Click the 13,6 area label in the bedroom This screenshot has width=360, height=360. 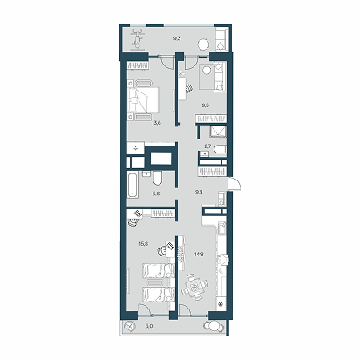coord(156,123)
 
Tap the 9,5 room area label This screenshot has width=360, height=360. coord(205,105)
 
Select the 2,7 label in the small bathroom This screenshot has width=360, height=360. coord(207,147)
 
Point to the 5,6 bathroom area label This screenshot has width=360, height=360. coord(156,194)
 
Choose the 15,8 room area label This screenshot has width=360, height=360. coord(144,244)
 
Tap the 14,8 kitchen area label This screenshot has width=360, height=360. coord(199,255)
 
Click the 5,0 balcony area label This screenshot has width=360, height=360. coord(149,326)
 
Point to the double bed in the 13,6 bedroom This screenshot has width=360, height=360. coord(144,99)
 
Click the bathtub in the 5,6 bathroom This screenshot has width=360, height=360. coord(132,185)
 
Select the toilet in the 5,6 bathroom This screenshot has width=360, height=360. coord(158,178)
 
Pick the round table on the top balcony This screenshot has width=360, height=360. coord(203,44)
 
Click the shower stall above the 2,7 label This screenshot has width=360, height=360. coord(218,132)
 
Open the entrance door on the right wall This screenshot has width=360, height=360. coord(234,184)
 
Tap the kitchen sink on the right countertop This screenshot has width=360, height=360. coord(222,228)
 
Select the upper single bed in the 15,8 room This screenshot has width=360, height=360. coord(159,271)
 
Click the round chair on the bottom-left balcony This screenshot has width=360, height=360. coord(129,326)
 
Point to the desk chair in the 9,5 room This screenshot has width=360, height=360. coord(188,89)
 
